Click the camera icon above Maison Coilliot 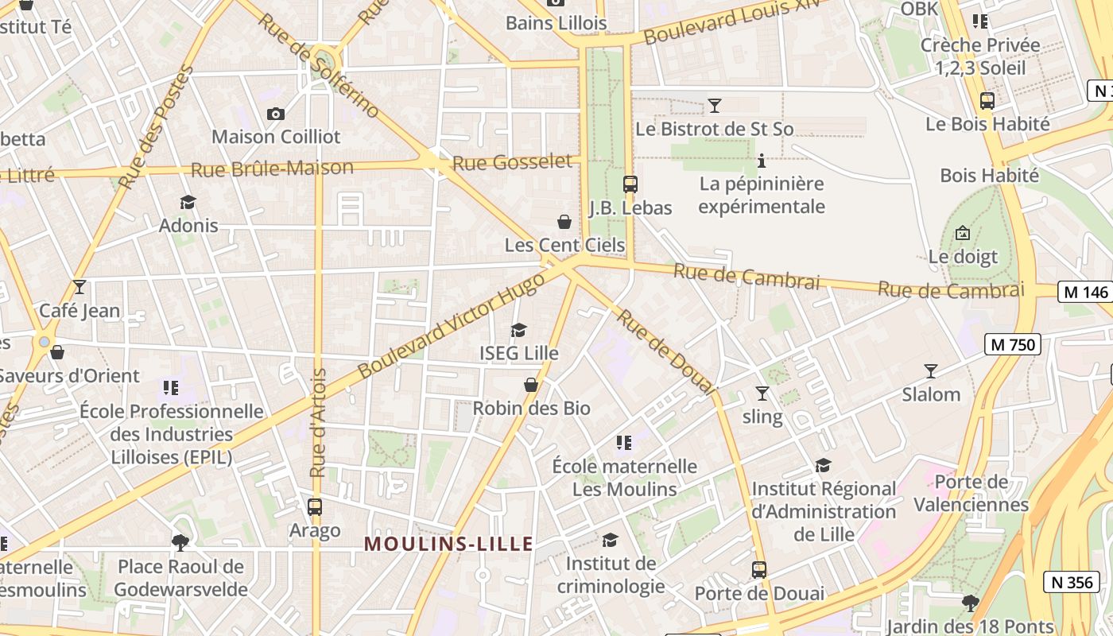click(x=276, y=114)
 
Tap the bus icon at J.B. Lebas click(x=630, y=184)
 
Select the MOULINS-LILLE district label click(x=448, y=544)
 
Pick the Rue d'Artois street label click(x=319, y=423)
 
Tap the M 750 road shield click(x=1012, y=344)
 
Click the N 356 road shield click(x=1072, y=582)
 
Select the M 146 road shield click(x=1085, y=292)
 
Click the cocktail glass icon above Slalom click(x=931, y=370)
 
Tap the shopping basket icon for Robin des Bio click(x=531, y=385)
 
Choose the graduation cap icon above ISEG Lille click(x=519, y=330)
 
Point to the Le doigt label click(x=963, y=257)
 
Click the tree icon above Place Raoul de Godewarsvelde click(x=180, y=543)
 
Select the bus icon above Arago click(x=315, y=506)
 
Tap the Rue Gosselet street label click(x=512, y=162)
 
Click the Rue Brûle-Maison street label click(x=272, y=169)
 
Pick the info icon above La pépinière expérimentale click(x=762, y=161)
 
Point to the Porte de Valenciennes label click(x=971, y=493)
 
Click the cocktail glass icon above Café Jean click(x=79, y=287)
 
